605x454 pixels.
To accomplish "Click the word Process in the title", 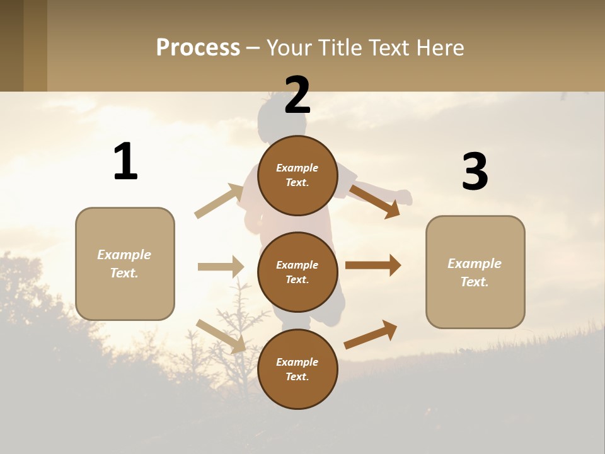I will tap(198, 47).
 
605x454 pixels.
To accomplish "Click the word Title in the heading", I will tap(340, 47).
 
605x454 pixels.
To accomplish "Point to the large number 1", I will tap(125, 162).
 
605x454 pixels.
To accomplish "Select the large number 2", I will tap(297, 95).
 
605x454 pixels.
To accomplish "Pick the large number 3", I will tap(475, 172).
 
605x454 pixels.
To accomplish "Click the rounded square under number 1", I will tap(125, 264).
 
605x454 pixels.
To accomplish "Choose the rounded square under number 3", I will tap(475, 272).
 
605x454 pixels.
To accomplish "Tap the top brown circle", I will tap(297, 175).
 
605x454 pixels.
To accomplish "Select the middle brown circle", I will tap(297, 272).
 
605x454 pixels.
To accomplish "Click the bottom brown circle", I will tap(297, 369).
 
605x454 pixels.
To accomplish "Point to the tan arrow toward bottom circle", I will tap(221, 335).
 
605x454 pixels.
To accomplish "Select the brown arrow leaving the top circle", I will tap(376, 201).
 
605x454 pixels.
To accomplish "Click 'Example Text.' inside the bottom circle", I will tap(297, 370).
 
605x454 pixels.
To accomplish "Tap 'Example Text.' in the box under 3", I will tap(475, 272).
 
